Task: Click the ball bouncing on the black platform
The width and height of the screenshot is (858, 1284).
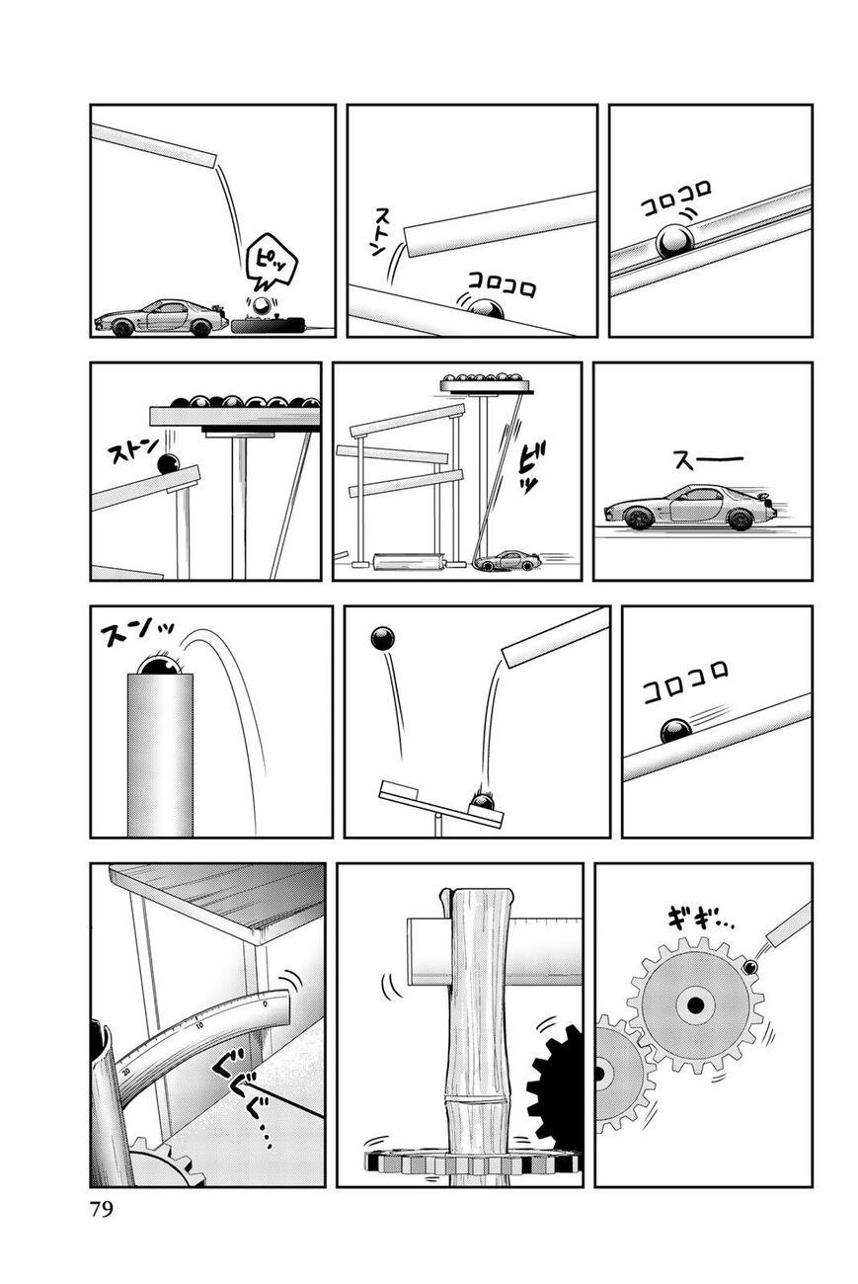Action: [262, 307]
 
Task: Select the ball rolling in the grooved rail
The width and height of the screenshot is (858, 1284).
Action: [675, 241]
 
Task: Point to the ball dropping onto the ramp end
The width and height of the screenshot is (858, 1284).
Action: [168, 464]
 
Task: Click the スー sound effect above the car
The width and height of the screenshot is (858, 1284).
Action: [707, 459]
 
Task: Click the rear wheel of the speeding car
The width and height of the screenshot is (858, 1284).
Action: [740, 520]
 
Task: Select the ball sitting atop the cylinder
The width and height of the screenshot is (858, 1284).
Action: [159, 666]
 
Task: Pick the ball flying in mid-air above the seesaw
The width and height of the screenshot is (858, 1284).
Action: [382, 638]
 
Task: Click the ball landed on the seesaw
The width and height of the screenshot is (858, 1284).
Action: [482, 801]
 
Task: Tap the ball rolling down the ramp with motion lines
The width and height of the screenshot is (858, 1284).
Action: [675, 732]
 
